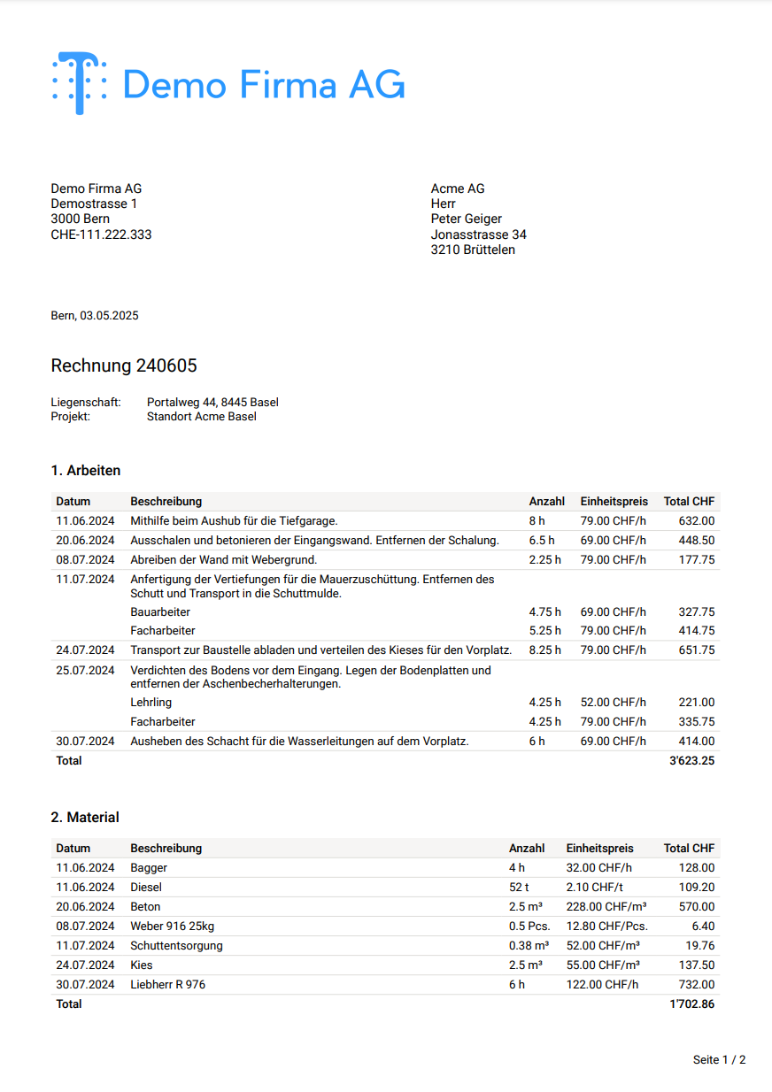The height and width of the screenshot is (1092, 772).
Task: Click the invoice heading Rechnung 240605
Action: tap(124, 365)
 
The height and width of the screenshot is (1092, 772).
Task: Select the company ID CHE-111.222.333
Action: tap(101, 235)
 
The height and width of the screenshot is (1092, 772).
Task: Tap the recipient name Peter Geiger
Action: tap(467, 219)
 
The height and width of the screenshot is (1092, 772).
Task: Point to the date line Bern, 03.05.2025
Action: tap(95, 316)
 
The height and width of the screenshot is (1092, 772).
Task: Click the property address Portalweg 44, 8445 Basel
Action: tap(212, 403)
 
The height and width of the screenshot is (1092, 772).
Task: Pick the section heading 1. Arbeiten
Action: tap(86, 471)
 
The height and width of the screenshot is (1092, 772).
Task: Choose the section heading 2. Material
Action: tap(85, 817)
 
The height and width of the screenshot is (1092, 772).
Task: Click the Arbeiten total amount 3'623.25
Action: tap(692, 761)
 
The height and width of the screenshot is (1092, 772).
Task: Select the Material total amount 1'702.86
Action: tap(692, 1004)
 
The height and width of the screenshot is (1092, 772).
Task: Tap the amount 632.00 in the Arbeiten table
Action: tap(696, 521)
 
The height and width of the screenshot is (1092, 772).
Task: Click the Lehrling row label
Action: tap(151, 703)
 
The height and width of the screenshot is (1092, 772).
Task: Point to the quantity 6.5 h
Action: tap(542, 541)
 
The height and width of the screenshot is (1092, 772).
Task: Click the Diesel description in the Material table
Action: tap(146, 888)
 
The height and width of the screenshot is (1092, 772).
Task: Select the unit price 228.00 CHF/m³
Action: tap(606, 907)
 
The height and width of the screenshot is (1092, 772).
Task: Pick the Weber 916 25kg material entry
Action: tap(173, 927)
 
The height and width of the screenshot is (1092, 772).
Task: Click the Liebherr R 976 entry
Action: tap(168, 985)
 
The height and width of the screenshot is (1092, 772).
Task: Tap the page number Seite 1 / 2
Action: tap(719, 1060)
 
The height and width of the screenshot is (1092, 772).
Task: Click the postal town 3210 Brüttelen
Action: tap(473, 250)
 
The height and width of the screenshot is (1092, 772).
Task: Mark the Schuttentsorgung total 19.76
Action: tap(699, 946)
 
